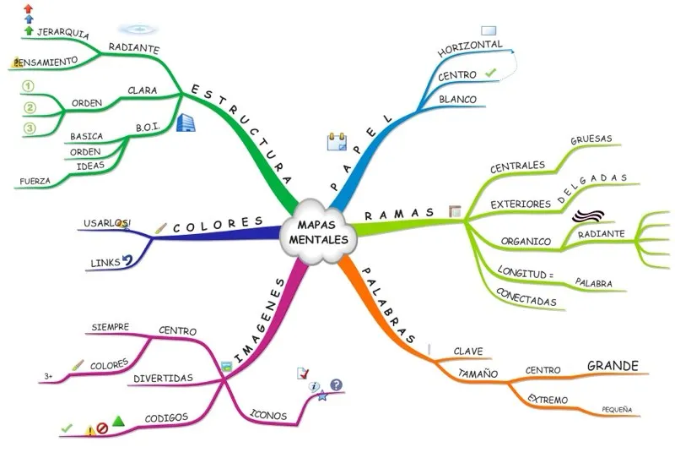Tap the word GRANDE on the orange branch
click(x=612, y=366)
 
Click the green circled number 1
click(x=28, y=86)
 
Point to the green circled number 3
click(x=28, y=128)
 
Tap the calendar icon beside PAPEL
click(x=337, y=141)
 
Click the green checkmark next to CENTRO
click(x=491, y=74)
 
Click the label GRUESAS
click(x=591, y=139)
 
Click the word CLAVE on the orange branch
click(x=468, y=351)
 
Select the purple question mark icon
click(x=336, y=385)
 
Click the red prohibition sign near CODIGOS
click(x=102, y=428)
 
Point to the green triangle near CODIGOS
click(x=119, y=421)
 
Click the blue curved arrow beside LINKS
click(x=128, y=261)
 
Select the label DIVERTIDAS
click(x=163, y=378)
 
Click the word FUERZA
click(x=35, y=181)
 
